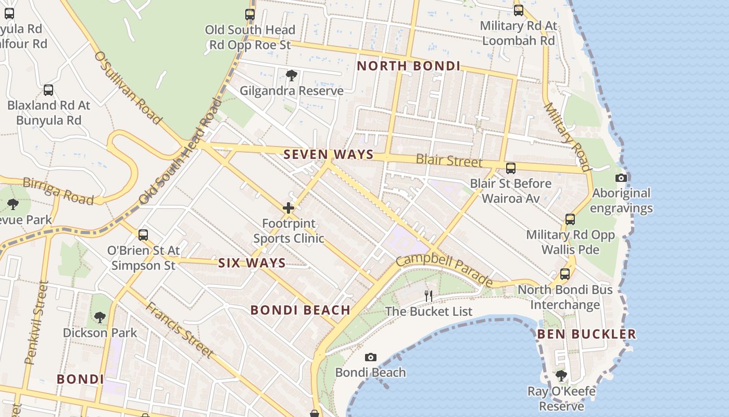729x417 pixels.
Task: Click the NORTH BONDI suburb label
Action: click(409, 66)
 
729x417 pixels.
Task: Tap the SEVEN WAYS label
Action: click(329, 154)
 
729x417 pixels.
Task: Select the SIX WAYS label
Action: click(252, 263)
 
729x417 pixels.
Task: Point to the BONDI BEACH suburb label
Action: click(300, 310)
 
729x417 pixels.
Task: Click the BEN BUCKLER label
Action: click(586, 334)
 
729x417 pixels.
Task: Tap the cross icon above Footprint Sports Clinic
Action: click(288, 208)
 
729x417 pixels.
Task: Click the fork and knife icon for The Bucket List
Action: click(429, 296)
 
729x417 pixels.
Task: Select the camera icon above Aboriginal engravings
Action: click(621, 178)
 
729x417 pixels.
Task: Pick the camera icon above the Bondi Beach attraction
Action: click(370, 357)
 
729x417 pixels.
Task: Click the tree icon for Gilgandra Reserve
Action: click(292, 76)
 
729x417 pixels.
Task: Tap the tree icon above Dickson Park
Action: click(100, 317)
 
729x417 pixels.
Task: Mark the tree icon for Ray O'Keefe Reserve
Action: click(561, 375)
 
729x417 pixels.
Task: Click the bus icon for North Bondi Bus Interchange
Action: click(565, 274)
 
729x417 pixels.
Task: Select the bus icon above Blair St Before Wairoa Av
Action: click(511, 168)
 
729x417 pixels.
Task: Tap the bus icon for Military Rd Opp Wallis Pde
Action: click(570, 219)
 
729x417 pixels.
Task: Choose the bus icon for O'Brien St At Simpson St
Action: click(143, 235)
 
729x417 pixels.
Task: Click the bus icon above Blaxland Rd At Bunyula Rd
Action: click(48, 90)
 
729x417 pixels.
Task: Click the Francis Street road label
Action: click(179, 330)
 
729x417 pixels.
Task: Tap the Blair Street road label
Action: click(449, 161)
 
